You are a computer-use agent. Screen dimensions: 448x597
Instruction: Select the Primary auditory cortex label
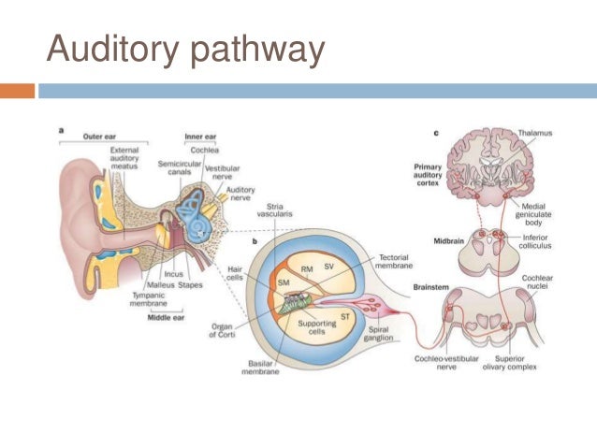point(415,175)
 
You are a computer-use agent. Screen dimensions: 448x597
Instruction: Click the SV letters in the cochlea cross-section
point(328,266)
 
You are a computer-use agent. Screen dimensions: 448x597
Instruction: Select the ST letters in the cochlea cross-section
point(345,317)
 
